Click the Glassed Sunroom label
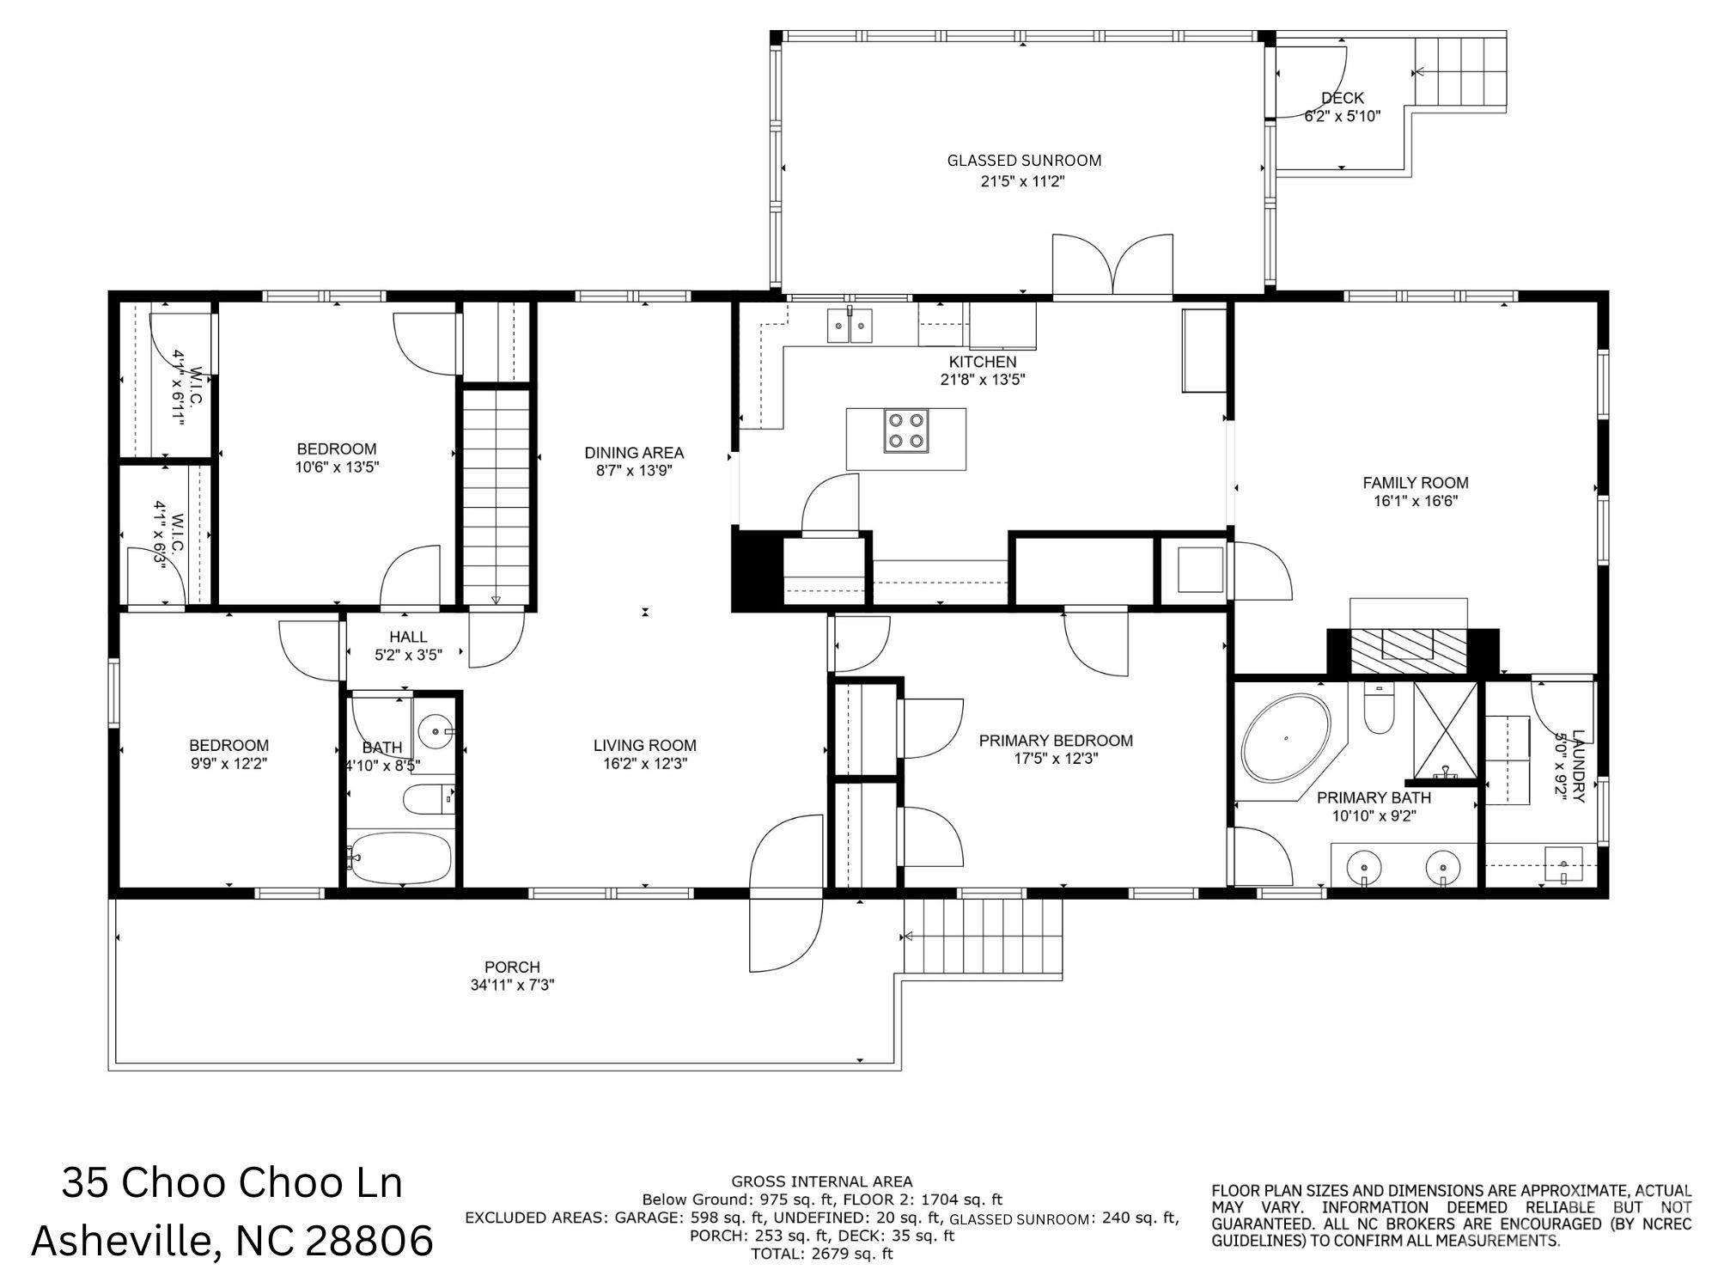coord(1024,161)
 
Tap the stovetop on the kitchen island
coord(907,430)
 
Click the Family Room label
coord(1416,483)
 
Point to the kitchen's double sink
coord(850,327)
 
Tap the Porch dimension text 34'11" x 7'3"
coord(512,985)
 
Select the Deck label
coord(1343,98)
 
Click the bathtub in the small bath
coord(399,857)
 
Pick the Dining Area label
coord(634,453)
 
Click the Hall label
coord(408,637)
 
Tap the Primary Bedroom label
coord(1056,741)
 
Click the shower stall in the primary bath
coord(1446,730)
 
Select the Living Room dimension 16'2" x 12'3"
coord(645,763)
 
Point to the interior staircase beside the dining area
coord(497,497)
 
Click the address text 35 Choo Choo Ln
coord(232,1183)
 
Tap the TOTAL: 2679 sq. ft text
coord(821,1254)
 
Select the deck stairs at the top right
coord(1460,72)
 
